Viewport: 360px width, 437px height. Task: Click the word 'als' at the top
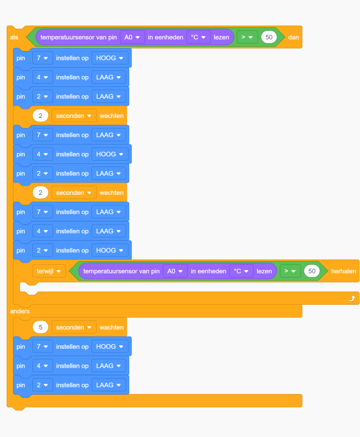click(14, 37)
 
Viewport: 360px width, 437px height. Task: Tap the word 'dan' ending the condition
click(293, 37)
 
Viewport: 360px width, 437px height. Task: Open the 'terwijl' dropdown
click(49, 271)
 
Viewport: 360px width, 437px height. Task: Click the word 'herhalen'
click(343, 271)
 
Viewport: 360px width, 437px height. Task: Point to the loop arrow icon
click(352, 298)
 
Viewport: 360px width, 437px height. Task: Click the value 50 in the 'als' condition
click(269, 37)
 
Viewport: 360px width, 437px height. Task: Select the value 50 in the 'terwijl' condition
click(312, 271)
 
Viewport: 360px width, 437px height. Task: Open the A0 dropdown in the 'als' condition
click(132, 37)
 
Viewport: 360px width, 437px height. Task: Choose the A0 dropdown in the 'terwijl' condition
click(175, 271)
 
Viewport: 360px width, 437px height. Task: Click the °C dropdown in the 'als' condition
click(198, 37)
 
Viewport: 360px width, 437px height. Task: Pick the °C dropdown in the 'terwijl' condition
click(241, 271)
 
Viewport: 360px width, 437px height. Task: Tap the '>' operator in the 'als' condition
click(247, 37)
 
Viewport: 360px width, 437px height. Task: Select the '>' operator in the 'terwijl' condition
click(290, 271)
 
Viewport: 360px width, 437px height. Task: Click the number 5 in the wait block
click(41, 327)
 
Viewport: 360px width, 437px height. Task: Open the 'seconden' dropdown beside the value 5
click(74, 327)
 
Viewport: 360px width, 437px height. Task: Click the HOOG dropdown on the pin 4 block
click(110, 154)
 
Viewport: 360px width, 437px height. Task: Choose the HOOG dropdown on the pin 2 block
click(110, 250)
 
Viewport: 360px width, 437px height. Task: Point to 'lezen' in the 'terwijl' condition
click(264, 271)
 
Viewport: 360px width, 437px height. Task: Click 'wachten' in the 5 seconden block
click(111, 327)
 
